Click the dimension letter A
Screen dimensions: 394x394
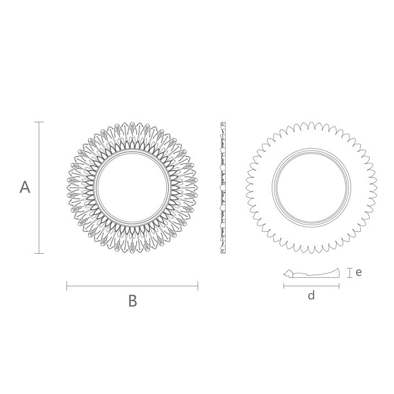(x=25, y=187)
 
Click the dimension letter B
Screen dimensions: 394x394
(x=133, y=301)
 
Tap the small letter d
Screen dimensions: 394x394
(x=311, y=295)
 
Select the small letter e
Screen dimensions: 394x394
(x=359, y=272)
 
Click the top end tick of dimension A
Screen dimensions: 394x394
(x=39, y=122)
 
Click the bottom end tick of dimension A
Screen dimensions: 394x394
(x=39, y=253)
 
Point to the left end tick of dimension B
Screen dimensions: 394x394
(x=67, y=286)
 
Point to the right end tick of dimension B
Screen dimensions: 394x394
(x=198, y=286)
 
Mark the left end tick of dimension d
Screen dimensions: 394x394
(x=284, y=286)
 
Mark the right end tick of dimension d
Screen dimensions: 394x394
(x=339, y=286)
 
